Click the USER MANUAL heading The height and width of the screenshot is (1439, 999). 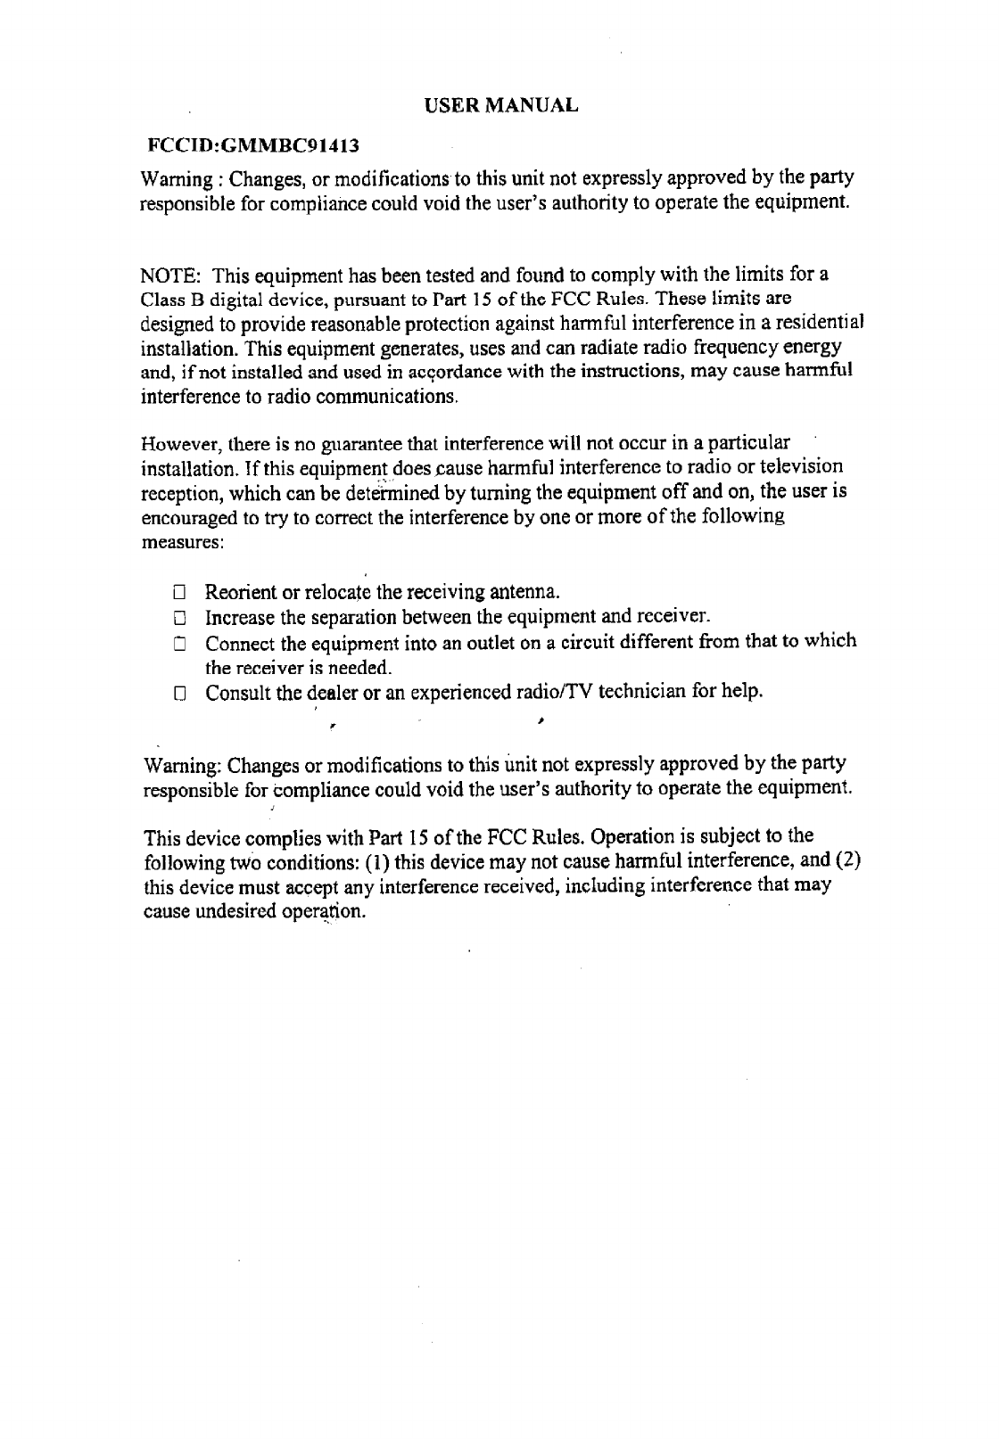500,105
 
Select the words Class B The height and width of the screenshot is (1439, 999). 163,296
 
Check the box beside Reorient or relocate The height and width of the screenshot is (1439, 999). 178,593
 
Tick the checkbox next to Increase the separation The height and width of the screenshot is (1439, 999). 178,618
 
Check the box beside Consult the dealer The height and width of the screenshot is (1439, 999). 178,693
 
